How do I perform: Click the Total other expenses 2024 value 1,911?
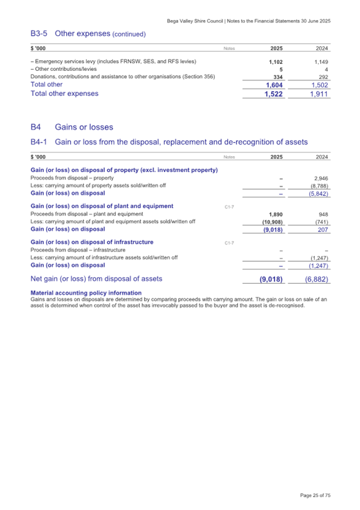click(319, 94)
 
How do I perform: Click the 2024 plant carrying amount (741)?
click(322, 222)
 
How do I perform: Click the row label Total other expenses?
click(65, 93)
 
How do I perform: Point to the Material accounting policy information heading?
click(86, 293)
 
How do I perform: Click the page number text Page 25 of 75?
click(315, 496)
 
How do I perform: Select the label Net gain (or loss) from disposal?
click(97, 278)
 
